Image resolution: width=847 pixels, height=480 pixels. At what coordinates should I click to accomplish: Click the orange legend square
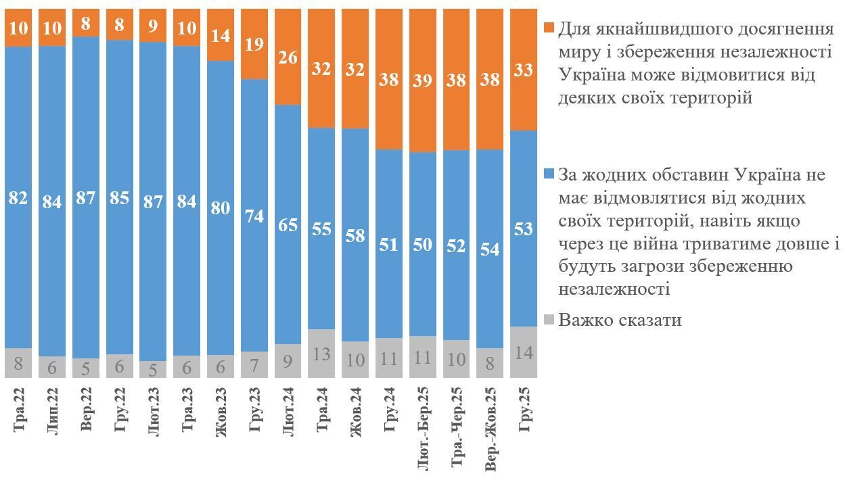[x=549, y=28]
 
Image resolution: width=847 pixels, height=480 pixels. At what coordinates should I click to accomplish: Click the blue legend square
[x=549, y=174]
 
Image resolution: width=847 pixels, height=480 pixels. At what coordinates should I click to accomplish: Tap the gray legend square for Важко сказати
[x=549, y=320]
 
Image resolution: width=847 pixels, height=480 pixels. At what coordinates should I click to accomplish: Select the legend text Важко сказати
[x=620, y=320]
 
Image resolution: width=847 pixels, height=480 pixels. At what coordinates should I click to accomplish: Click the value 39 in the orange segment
[x=423, y=80]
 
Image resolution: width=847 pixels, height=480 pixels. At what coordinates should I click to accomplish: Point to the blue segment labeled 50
[x=423, y=244]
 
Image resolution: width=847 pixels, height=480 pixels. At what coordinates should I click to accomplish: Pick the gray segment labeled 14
[x=524, y=352]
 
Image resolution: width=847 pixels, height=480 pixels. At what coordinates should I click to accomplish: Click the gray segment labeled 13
[x=322, y=353]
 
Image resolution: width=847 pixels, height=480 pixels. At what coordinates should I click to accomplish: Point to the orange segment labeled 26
[x=288, y=57]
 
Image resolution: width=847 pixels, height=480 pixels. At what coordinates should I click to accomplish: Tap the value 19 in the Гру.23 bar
[x=254, y=45]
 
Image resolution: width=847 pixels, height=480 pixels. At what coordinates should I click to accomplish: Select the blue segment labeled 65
[x=288, y=224]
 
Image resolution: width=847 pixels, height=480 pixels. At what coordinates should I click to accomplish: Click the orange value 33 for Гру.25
[x=524, y=70]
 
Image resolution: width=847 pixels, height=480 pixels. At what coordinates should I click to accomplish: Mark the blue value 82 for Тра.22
[x=19, y=198]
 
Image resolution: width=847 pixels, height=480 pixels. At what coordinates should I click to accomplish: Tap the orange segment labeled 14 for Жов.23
[x=221, y=36]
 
